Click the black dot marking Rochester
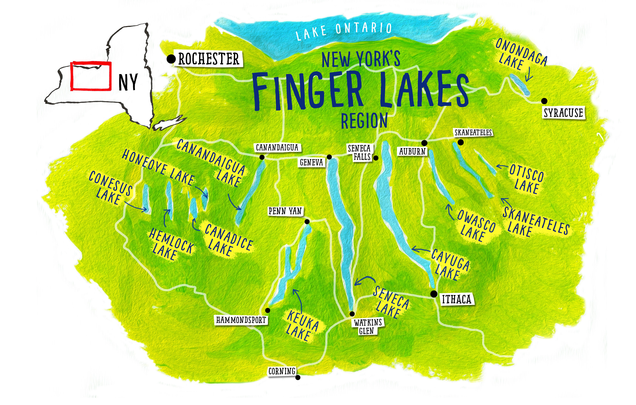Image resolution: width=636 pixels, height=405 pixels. tap(171, 59)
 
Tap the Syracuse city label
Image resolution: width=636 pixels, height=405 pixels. tap(563, 113)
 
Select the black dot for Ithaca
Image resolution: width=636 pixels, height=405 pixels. tap(434, 294)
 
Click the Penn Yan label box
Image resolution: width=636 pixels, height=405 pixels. tap(285, 211)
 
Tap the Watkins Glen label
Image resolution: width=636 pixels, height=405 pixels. tap(368, 327)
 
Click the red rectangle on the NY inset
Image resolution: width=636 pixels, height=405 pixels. tap(91, 76)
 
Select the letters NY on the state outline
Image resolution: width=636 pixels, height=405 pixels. tap(128, 82)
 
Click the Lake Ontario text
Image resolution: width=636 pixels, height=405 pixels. tap(343, 31)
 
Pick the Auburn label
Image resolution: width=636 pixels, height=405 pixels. tap(412, 152)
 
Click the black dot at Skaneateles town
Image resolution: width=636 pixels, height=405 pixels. tap(461, 142)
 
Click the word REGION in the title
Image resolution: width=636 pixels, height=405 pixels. tap(364, 121)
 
